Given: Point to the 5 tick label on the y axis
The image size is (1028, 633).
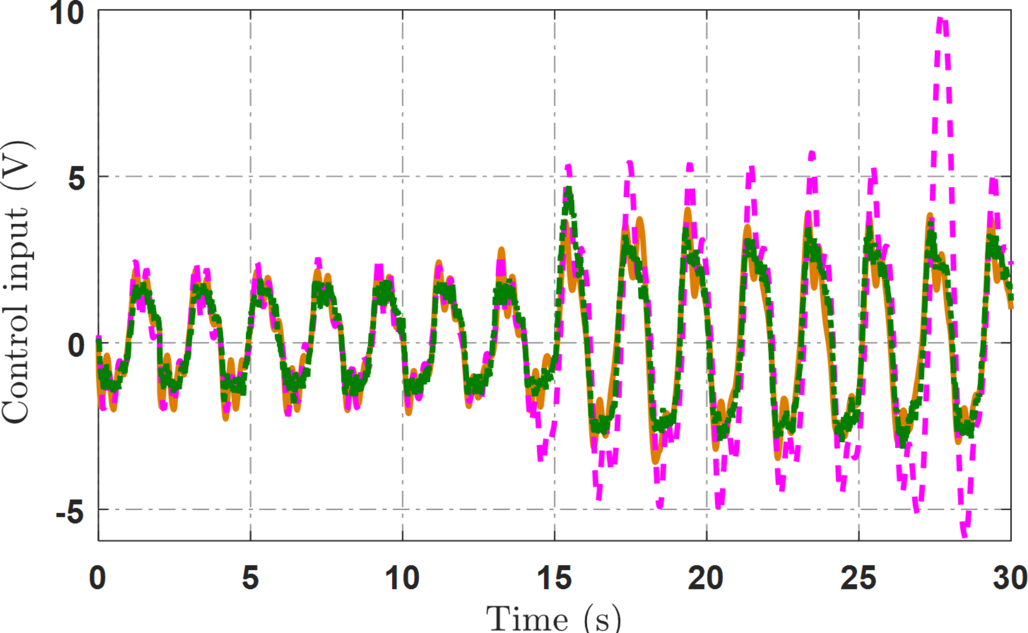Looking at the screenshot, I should tap(77, 179).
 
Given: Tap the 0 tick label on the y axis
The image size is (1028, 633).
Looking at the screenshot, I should tap(77, 345).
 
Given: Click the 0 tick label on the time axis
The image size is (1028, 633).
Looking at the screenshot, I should tap(97, 578).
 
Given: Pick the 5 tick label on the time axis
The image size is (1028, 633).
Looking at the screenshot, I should tap(250, 578).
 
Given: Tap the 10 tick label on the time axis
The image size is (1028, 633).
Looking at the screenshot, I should tap(402, 578).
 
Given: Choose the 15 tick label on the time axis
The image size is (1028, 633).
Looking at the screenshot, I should tap(554, 578).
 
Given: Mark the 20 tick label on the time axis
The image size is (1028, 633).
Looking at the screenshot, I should tap(706, 578).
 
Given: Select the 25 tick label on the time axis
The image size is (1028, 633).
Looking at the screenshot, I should tap(859, 578).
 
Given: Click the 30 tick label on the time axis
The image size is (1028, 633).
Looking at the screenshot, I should tap(1010, 578).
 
